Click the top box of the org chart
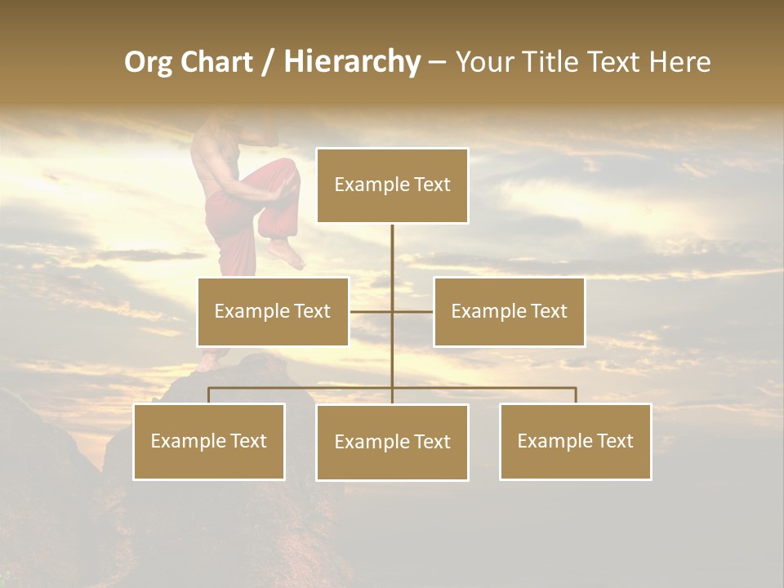(x=392, y=185)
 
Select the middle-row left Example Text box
(x=273, y=311)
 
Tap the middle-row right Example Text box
(x=509, y=311)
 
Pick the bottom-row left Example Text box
(x=209, y=441)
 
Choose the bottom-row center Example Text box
(x=392, y=442)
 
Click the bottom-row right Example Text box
(x=575, y=441)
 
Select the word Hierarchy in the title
(x=352, y=62)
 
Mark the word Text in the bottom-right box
(x=612, y=441)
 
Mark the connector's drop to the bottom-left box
(x=209, y=395)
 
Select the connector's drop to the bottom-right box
(x=575, y=395)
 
